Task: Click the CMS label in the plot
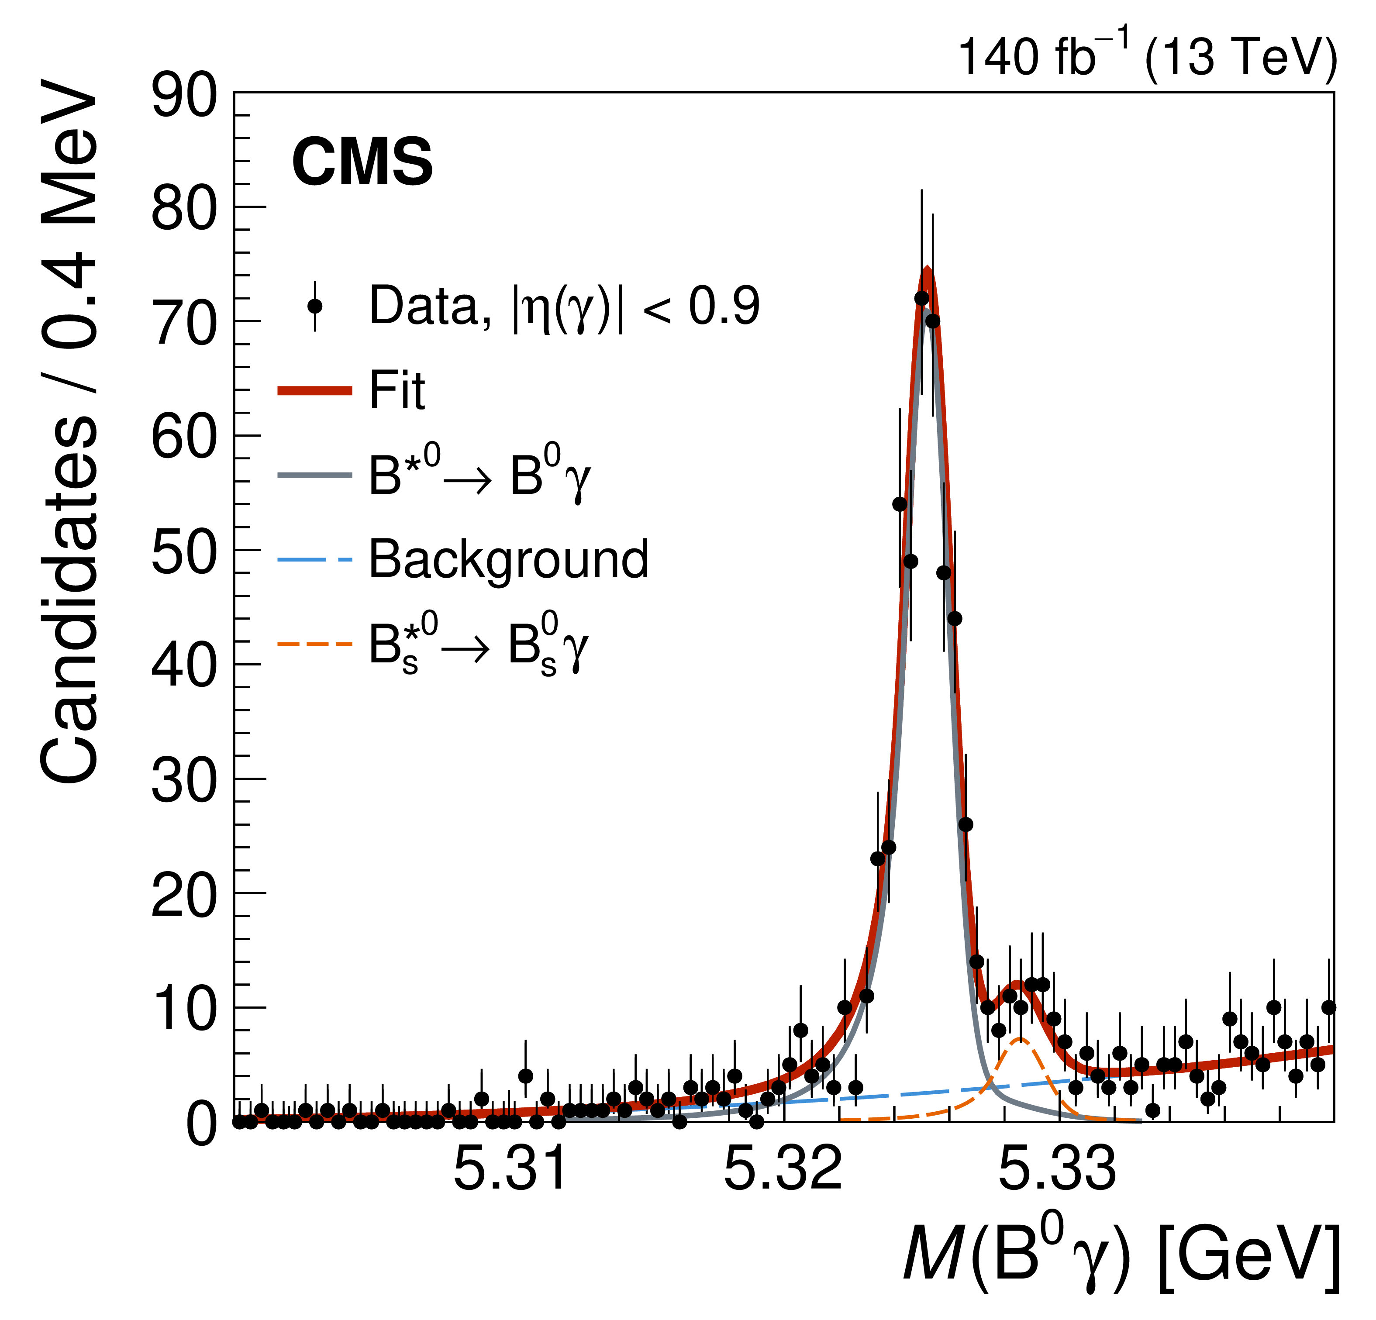(x=362, y=162)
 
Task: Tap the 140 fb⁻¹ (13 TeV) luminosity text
(x=1146, y=56)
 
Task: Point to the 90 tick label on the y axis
(x=184, y=96)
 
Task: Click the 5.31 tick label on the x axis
(x=510, y=1169)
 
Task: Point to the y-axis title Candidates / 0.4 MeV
(x=69, y=432)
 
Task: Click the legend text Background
(x=508, y=560)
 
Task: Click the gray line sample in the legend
(x=314, y=476)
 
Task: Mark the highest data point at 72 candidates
(x=921, y=298)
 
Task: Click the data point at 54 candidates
(x=899, y=504)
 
